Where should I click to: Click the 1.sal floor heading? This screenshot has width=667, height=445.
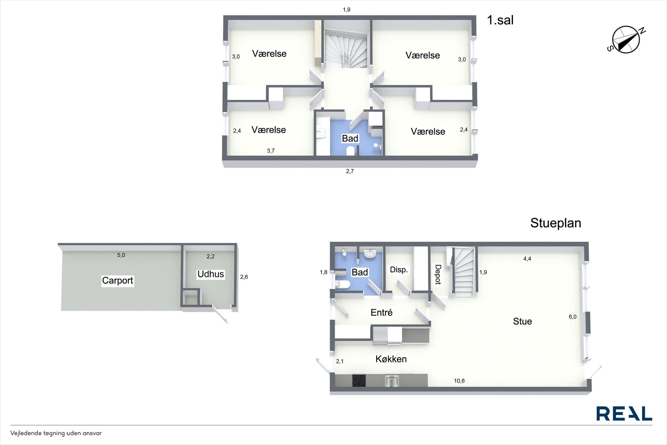tap(500, 20)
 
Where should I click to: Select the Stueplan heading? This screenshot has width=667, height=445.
tap(556, 223)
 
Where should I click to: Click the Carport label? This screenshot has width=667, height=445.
tap(117, 280)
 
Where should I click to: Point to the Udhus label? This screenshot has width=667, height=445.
tap(211, 274)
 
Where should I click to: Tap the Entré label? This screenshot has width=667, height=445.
tap(381, 313)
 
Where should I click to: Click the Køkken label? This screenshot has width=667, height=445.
tap(391, 359)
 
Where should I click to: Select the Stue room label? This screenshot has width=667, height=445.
tap(522, 321)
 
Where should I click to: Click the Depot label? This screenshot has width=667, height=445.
tap(438, 274)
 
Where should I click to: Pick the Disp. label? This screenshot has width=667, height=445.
tap(399, 270)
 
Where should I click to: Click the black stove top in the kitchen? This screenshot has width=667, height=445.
tap(359, 380)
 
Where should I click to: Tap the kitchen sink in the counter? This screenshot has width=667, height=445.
tap(392, 381)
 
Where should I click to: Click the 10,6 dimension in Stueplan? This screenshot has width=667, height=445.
tap(459, 381)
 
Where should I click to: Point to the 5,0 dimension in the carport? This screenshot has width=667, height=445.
tap(121, 255)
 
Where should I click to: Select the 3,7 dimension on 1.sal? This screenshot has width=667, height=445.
tap(271, 151)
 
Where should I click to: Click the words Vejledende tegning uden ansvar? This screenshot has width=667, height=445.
tap(56, 433)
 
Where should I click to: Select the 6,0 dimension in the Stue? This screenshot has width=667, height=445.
tap(573, 317)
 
